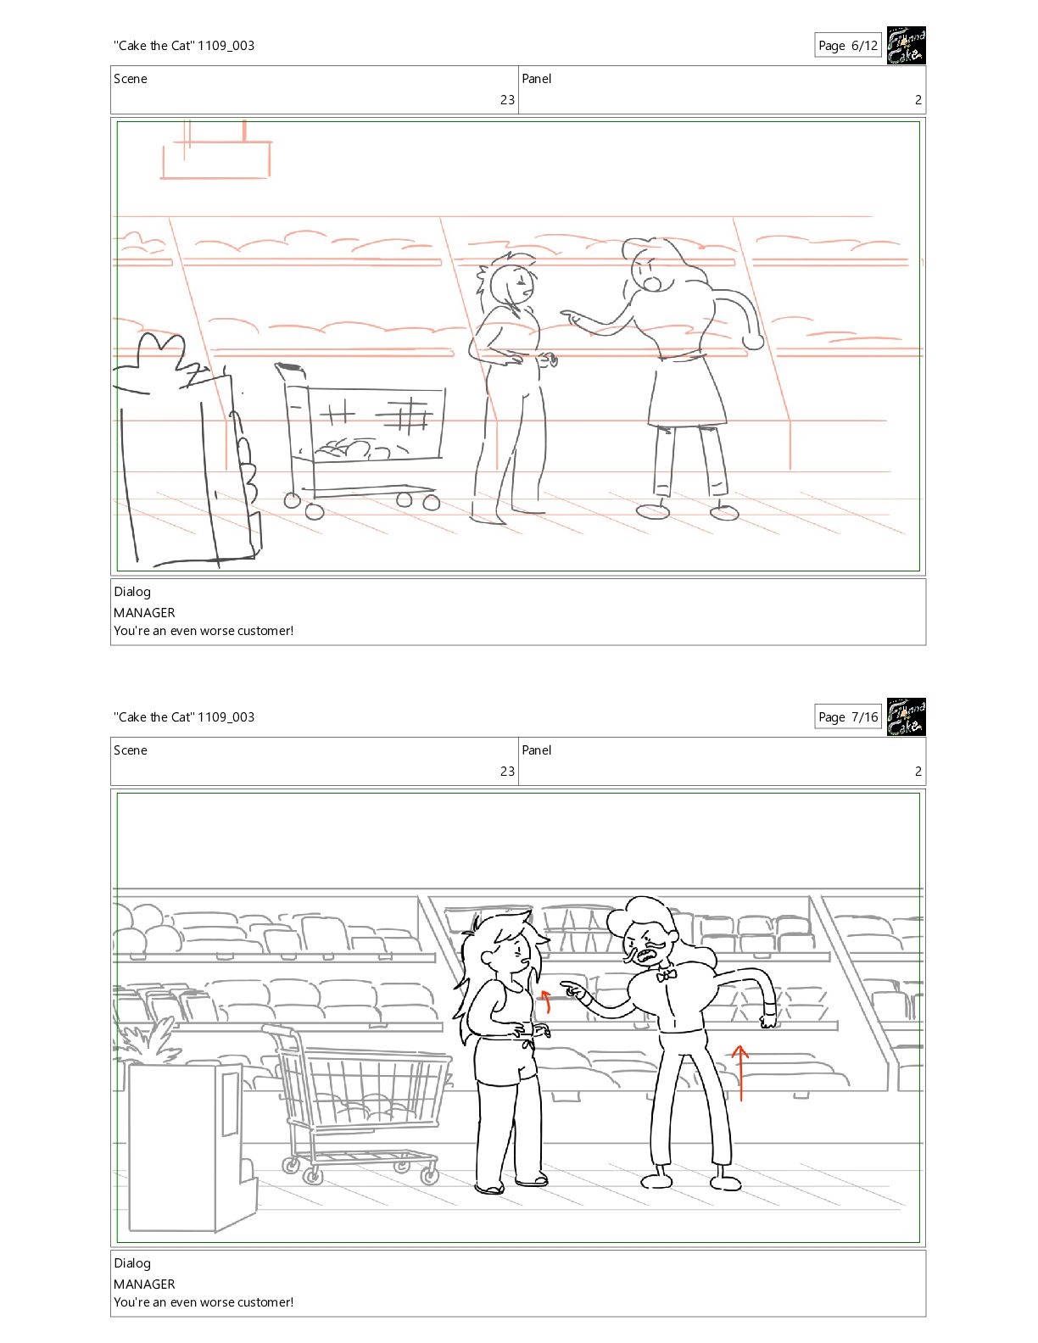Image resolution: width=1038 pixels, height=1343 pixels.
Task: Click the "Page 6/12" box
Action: click(847, 45)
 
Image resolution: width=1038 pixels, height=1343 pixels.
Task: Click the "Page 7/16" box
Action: click(847, 717)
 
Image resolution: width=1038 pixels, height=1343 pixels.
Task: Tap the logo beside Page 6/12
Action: click(907, 45)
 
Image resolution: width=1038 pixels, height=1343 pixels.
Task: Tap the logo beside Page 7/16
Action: click(907, 717)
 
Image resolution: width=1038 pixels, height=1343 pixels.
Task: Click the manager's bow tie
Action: click(665, 976)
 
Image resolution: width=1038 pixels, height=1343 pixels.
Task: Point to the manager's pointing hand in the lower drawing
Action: click(575, 990)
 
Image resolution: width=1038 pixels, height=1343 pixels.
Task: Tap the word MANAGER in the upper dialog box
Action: click(144, 612)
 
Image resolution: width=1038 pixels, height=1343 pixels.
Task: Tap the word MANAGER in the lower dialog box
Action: click(144, 1284)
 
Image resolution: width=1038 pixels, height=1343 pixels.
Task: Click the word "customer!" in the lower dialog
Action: click(265, 1301)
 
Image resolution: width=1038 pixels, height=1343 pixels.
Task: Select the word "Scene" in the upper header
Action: click(131, 79)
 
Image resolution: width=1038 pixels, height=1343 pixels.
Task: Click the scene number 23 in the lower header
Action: click(507, 771)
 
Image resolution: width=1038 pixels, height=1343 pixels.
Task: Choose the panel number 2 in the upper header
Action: click(918, 99)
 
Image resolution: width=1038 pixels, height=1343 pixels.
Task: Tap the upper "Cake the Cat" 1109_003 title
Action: click(184, 45)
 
